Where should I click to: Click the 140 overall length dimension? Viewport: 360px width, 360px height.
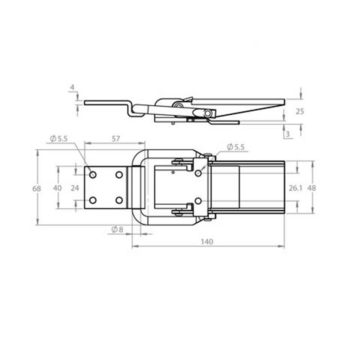coord(207,242)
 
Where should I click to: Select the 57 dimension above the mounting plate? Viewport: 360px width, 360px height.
coord(116,139)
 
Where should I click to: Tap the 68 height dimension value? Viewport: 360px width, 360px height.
coord(36,189)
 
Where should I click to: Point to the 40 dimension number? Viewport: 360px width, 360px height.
coord(58,188)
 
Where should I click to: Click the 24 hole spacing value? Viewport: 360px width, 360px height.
coord(75,188)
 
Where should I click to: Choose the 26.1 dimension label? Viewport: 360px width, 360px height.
coord(296,188)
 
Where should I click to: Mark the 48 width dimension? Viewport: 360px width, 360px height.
coord(311,188)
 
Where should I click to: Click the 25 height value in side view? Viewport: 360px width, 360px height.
coord(300,112)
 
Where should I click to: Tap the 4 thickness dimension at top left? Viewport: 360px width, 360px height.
coord(72,87)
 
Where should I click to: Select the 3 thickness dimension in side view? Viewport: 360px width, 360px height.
coord(288,134)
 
